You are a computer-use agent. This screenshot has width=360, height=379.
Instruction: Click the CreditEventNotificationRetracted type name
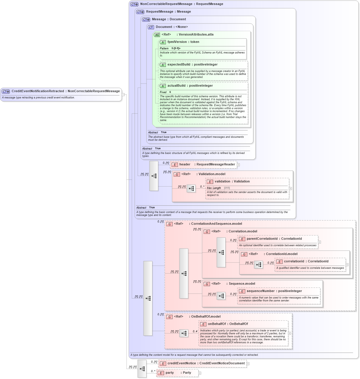[38, 91]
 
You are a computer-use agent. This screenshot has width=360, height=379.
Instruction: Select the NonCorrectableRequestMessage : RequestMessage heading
[181, 4]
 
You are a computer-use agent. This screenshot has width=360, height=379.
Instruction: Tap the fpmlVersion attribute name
[177, 42]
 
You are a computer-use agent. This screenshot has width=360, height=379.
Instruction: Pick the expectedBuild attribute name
[179, 65]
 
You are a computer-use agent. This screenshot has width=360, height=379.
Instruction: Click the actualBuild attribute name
[176, 86]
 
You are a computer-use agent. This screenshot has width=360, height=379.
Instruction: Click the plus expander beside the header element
[239, 165]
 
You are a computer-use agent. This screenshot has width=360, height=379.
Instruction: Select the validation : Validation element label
[232, 182]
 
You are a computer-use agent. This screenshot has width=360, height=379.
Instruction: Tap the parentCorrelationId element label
[274, 239]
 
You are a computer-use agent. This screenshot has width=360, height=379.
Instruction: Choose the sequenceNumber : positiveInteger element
[274, 291]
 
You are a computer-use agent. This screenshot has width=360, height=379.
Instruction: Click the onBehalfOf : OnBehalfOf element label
[228, 324]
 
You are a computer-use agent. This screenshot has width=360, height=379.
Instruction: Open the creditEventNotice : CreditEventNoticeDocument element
[206, 363]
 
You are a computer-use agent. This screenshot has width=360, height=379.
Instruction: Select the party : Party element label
[178, 373]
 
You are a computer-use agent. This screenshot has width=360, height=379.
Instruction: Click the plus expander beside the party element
[200, 373]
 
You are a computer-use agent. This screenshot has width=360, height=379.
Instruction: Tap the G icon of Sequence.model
[207, 284]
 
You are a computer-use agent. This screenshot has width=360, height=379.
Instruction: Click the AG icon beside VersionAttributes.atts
[157, 35]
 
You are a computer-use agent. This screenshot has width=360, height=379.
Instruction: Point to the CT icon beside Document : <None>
[151, 27]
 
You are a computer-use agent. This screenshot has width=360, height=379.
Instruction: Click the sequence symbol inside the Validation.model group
[191, 188]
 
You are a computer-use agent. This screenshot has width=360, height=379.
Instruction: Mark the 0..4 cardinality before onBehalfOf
[195, 331]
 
